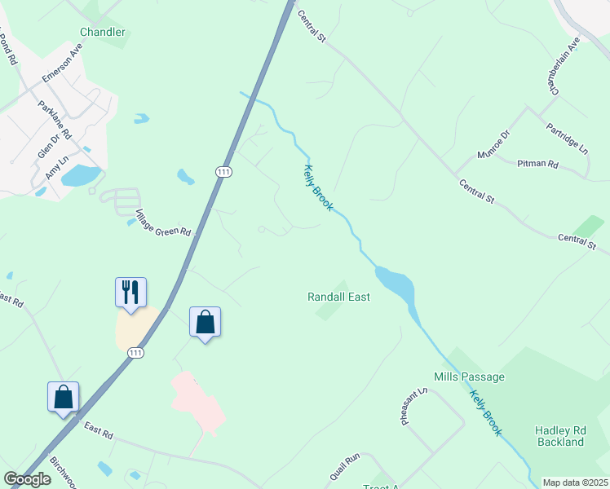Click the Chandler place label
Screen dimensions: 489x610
[103, 32]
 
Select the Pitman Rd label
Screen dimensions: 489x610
[537, 164]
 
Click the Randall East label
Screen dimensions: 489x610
[338, 297]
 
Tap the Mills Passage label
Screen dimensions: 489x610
[469, 377]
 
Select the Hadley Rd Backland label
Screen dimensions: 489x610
[560, 436]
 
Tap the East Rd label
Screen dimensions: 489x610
[98, 429]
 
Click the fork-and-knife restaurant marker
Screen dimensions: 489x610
[130, 292]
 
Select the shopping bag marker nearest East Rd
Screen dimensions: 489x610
[64, 397]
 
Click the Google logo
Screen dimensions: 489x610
[27, 479]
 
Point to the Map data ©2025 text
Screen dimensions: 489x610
[576, 482]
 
